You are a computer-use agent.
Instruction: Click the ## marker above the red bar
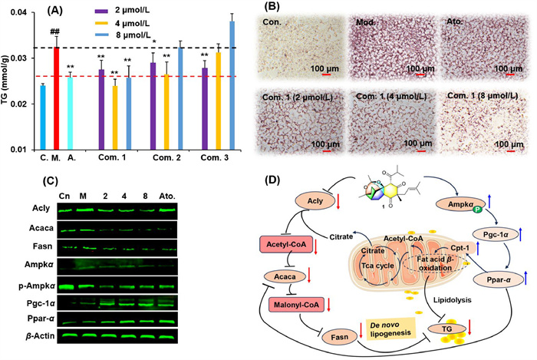(55, 31)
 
